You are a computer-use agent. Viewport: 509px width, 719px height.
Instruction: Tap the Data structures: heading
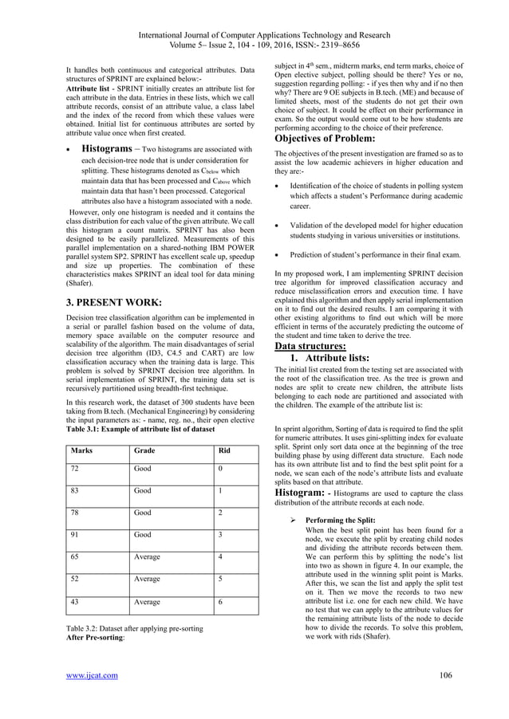310,347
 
